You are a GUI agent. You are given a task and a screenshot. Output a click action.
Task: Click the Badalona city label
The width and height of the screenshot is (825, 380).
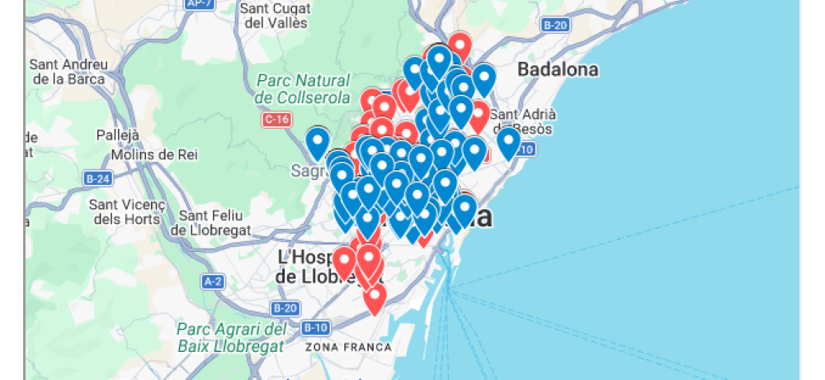pos(558,69)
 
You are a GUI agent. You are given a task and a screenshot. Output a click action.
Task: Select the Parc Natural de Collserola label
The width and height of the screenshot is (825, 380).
pos(292,89)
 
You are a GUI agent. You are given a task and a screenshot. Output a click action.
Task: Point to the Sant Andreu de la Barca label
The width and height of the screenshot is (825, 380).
pos(68,72)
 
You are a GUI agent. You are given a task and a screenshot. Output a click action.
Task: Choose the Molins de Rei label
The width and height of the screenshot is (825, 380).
pos(154,154)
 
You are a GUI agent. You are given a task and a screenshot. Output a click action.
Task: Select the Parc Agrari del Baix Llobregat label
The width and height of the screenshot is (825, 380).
pos(230,337)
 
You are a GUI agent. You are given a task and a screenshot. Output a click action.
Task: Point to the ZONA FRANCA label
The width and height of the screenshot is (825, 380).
pos(348,347)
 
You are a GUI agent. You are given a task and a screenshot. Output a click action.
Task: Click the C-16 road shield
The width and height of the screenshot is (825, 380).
pos(276,120)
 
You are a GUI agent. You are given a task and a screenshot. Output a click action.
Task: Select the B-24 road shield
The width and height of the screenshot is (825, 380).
pos(98,178)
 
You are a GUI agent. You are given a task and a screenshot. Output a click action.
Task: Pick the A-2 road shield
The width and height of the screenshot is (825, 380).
pos(213,281)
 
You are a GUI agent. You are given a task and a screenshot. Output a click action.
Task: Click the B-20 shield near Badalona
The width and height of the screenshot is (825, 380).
pos(555,26)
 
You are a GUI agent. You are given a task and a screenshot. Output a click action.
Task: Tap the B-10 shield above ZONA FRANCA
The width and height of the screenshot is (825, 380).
pos(315,327)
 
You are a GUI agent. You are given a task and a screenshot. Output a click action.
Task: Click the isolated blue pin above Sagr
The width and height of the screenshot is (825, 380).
pos(318,143)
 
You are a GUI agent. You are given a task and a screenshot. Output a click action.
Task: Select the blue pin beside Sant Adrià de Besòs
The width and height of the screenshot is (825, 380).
pos(508,142)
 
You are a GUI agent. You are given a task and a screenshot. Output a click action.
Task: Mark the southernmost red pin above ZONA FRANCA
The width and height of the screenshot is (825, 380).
pos(375,298)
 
